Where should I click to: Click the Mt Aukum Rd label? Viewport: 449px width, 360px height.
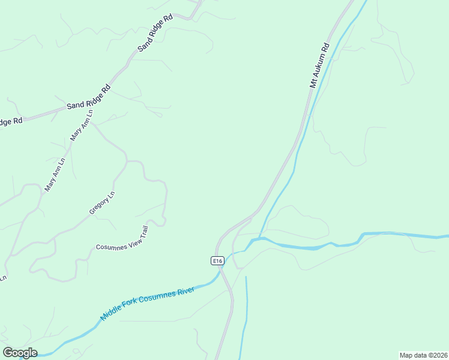tap(319, 65)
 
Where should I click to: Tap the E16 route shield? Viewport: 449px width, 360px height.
tap(217, 260)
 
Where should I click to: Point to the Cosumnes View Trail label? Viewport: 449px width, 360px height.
tap(122, 238)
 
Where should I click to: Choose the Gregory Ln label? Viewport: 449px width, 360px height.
tap(101, 203)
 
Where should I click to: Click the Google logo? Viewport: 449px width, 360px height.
tap(20, 353)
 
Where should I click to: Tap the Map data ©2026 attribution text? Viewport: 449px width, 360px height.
tap(423, 355)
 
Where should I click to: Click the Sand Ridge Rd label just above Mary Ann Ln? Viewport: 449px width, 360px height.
tap(88, 97)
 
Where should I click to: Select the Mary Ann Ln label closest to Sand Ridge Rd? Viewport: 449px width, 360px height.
tap(82, 125)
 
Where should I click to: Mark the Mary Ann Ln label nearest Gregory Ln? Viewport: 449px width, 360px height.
tap(54, 175)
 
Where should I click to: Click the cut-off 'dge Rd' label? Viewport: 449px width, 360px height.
tap(11, 122)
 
